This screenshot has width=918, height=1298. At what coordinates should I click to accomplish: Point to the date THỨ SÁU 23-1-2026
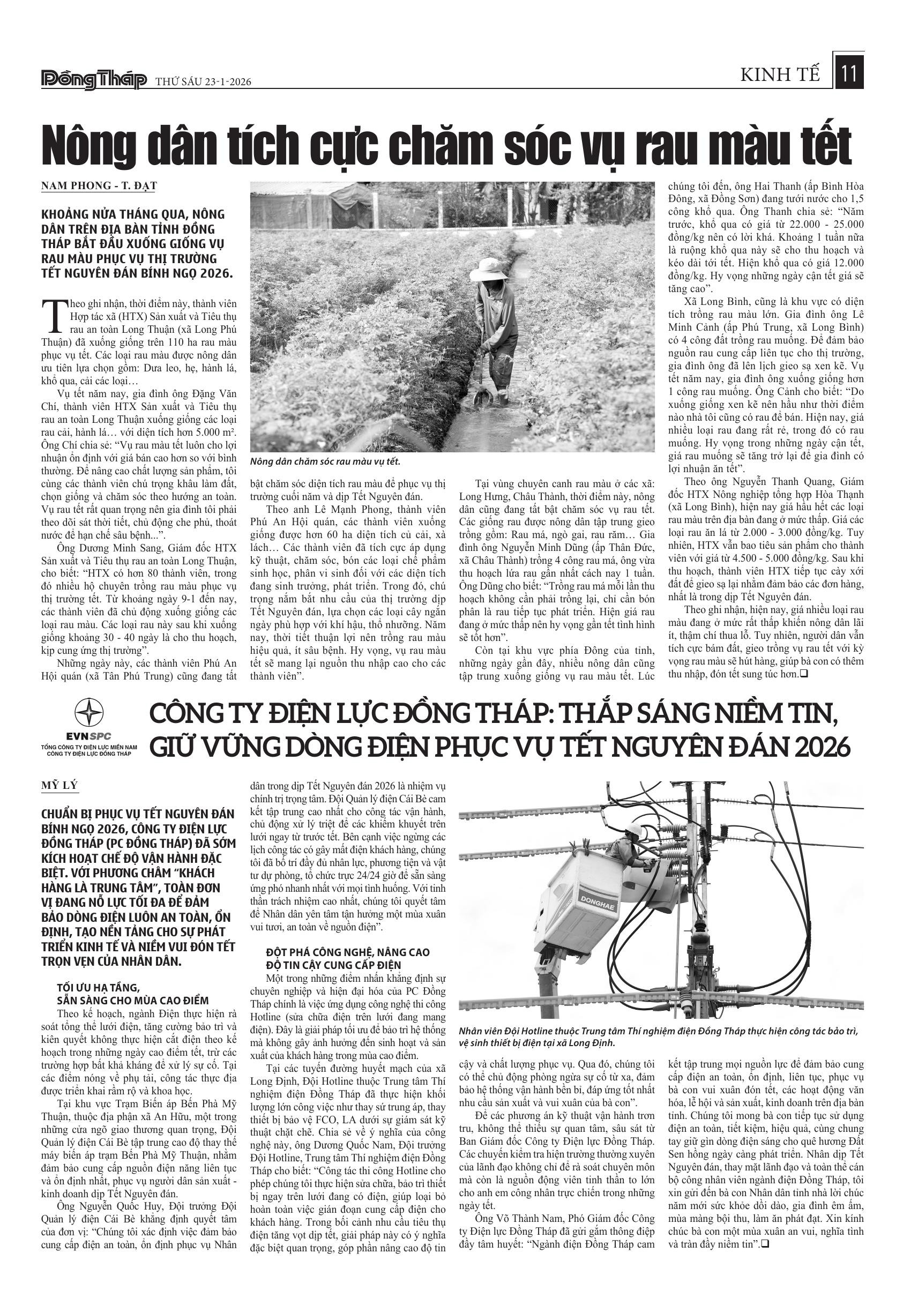[203, 82]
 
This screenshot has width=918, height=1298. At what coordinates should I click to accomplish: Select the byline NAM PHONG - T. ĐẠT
[99, 185]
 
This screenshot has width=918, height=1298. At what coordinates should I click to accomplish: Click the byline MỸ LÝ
[59, 786]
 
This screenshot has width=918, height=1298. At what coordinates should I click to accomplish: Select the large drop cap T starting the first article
[54, 315]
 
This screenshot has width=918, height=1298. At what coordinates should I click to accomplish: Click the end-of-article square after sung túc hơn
[803, 674]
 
